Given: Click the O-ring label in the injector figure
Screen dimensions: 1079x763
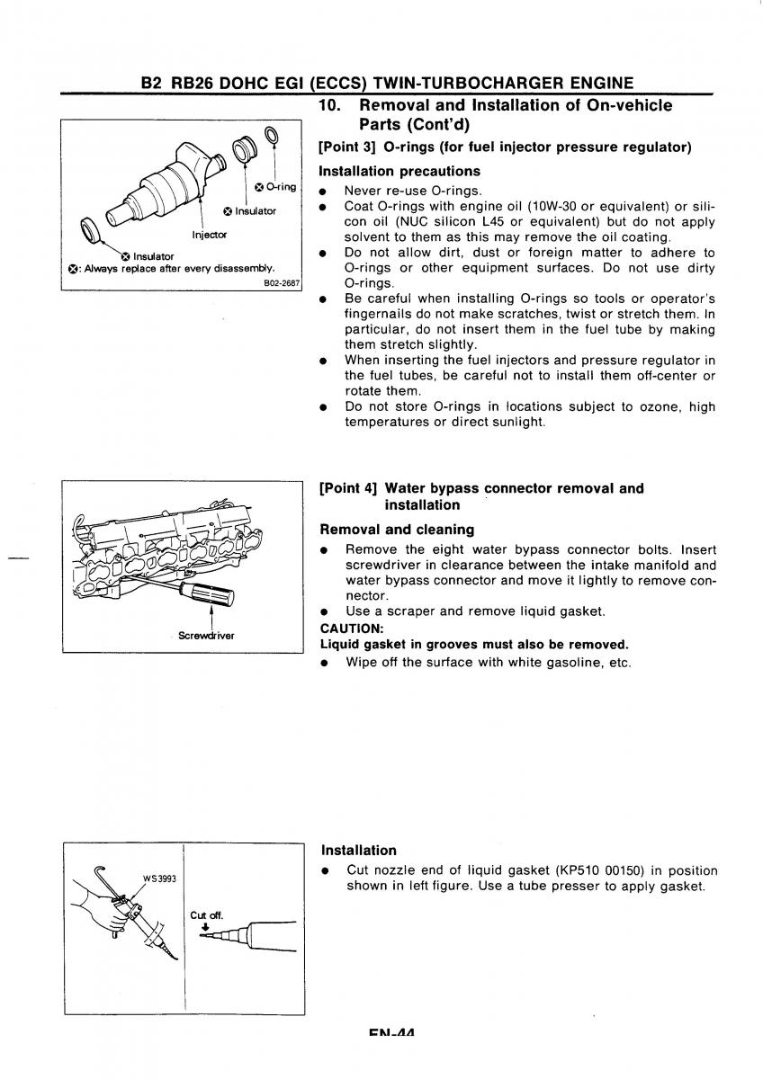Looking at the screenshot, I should click(x=279, y=187).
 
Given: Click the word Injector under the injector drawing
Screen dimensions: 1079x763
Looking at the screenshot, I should click(x=210, y=235).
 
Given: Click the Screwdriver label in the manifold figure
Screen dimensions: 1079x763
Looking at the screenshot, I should click(x=206, y=636).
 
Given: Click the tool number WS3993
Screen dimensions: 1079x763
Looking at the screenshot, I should click(x=158, y=878).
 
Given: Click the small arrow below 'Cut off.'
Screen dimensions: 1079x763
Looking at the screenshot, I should click(x=204, y=925).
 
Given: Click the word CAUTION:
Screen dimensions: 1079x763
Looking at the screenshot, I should click(x=352, y=628).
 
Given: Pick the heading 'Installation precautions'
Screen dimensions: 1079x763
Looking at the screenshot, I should click(x=399, y=171).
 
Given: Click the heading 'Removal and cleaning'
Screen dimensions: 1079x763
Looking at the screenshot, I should click(x=397, y=530).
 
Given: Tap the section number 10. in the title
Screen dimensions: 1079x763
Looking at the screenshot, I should click(x=329, y=106).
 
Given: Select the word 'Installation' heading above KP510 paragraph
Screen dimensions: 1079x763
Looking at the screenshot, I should click(x=358, y=850).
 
